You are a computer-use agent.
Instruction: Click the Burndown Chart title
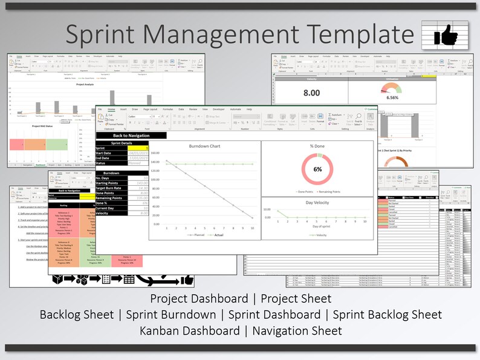(204, 146)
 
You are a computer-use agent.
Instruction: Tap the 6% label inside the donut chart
(317, 169)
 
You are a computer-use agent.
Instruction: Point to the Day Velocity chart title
(317, 202)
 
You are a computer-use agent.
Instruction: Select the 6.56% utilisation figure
(392, 97)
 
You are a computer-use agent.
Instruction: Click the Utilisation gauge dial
(392, 89)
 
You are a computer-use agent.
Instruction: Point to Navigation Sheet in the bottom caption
(297, 330)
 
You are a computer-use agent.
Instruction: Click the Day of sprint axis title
(317, 226)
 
